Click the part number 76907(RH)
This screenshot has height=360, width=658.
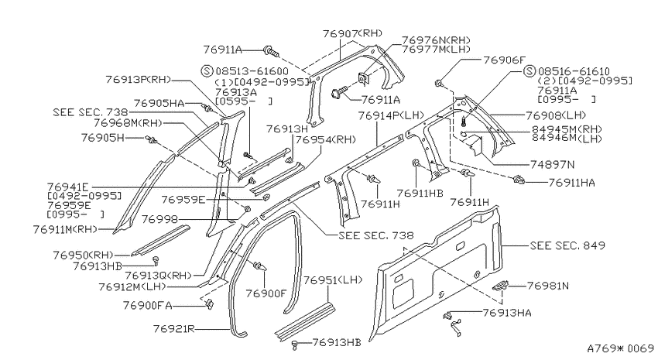(x=353, y=33)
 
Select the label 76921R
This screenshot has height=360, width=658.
(x=173, y=328)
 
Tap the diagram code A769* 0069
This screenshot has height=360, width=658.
(x=620, y=348)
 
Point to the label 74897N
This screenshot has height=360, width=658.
(x=552, y=165)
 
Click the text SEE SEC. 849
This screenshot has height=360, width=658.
(x=567, y=245)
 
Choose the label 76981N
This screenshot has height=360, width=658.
(x=547, y=286)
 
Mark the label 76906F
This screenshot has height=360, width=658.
(x=504, y=60)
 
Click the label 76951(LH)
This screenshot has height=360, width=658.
(x=333, y=279)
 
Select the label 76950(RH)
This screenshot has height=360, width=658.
(x=84, y=255)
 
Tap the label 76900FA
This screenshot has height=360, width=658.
(x=147, y=305)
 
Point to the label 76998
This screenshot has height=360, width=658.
(x=159, y=219)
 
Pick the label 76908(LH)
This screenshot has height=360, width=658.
(x=556, y=115)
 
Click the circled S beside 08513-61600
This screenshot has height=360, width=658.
(x=207, y=70)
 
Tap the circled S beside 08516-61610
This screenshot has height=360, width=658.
(x=530, y=71)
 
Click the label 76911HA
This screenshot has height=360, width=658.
(x=571, y=183)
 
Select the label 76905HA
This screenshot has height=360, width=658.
(x=159, y=103)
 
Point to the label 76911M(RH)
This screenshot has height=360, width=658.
(x=65, y=229)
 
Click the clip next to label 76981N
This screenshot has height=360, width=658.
(x=500, y=286)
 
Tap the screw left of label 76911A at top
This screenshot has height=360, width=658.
(x=272, y=52)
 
